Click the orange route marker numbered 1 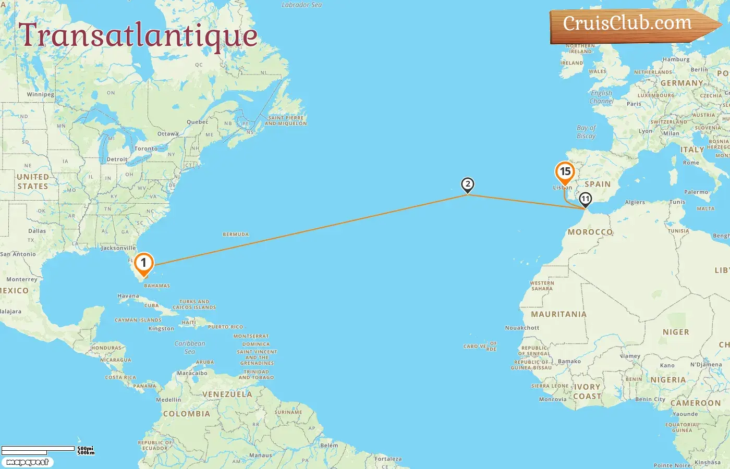coord(143,263)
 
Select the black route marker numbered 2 coord(468,184)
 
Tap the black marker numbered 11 coord(586,199)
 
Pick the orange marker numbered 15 coord(565,171)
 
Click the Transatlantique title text coord(138,35)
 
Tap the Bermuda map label coord(236,234)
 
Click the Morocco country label coord(590,232)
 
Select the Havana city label coord(128,296)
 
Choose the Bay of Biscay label coord(586,131)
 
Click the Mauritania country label coord(558,314)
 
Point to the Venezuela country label coord(227,394)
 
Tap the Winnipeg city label coord(40,95)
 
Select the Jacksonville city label coord(118,248)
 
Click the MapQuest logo coord(27,462)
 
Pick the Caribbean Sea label coord(190,347)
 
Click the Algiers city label coord(635,202)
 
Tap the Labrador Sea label coord(301,5)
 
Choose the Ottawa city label coord(168,134)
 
